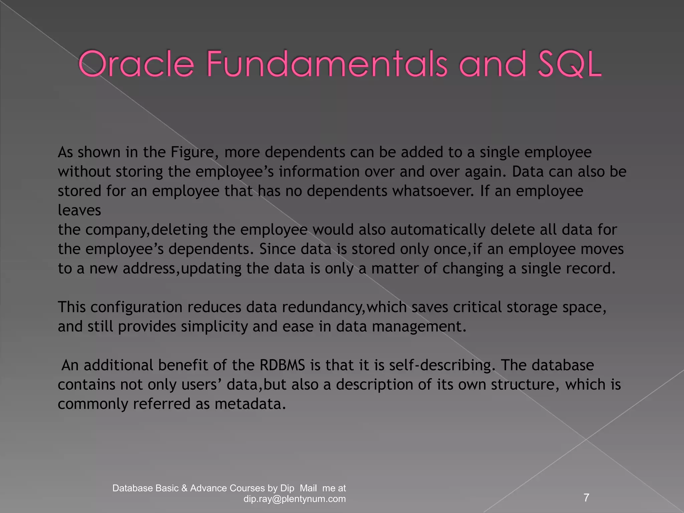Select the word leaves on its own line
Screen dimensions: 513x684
click(79, 210)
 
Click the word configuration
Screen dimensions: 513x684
click(136, 307)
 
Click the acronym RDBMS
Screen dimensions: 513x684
click(282, 365)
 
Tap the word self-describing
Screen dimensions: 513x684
click(441, 365)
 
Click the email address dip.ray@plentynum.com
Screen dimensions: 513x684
click(295, 499)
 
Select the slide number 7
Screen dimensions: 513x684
click(586, 498)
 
